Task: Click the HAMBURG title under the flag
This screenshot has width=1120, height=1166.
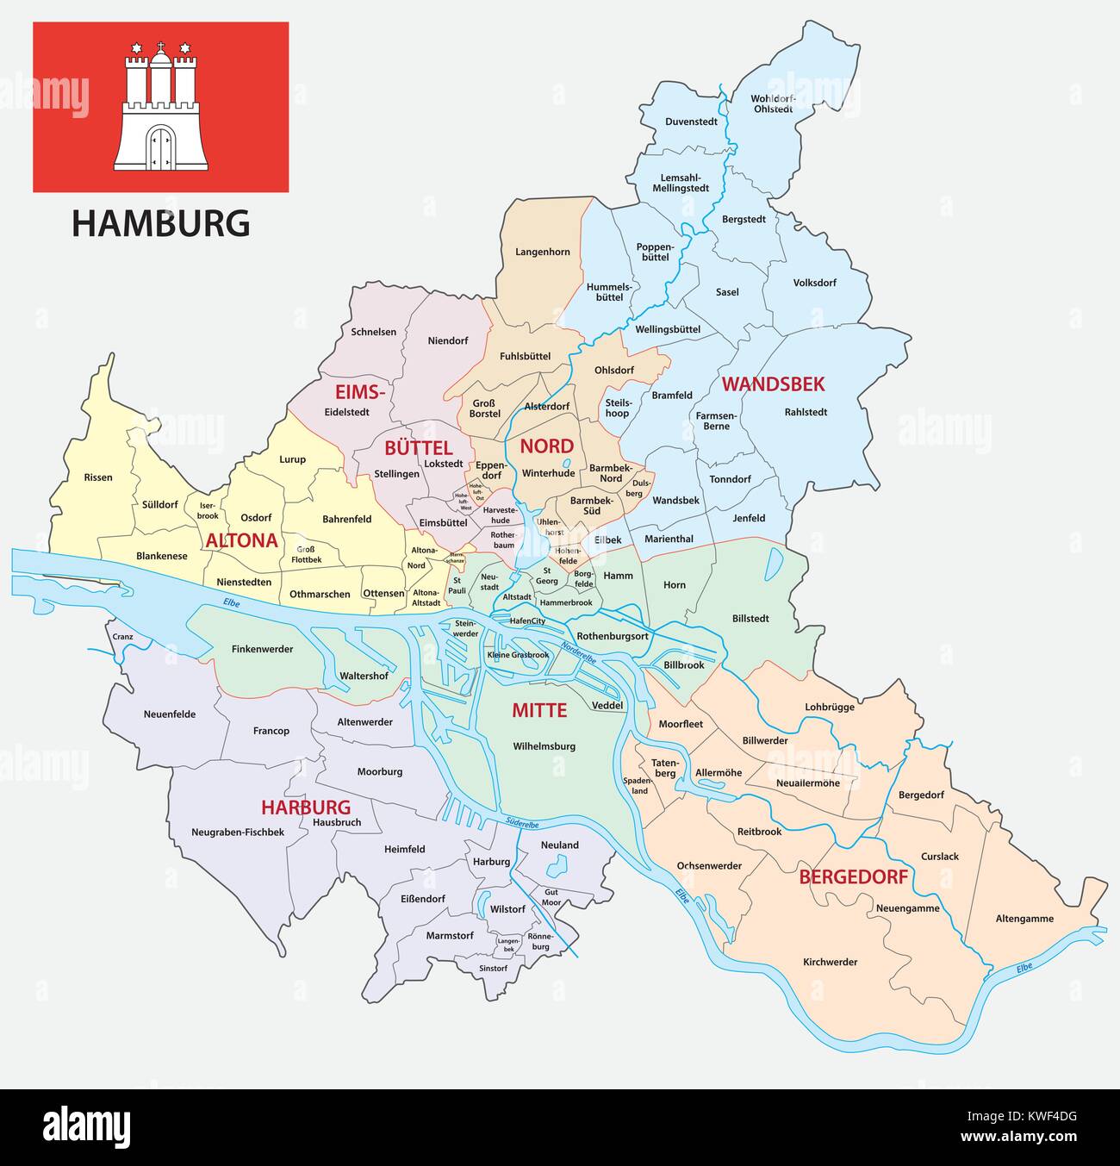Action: click(x=161, y=223)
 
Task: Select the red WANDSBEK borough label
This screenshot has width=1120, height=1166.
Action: click(x=773, y=384)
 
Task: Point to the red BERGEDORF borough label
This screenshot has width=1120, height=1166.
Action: click(x=853, y=877)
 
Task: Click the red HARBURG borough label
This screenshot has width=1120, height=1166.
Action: click(x=306, y=807)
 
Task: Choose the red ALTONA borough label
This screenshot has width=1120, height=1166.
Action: click(x=241, y=540)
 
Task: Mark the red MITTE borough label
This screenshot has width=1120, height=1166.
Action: click(x=539, y=710)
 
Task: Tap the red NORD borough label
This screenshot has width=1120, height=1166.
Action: click(x=546, y=446)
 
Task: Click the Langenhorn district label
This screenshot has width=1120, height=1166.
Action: click(x=543, y=253)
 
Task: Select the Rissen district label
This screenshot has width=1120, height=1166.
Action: click(x=98, y=477)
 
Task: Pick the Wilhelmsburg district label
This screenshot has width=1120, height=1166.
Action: click(x=544, y=746)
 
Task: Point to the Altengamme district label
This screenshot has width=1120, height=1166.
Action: click(x=1024, y=919)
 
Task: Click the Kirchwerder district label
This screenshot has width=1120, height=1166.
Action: click(x=830, y=962)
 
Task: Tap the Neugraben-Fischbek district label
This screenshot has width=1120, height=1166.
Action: click(x=238, y=832)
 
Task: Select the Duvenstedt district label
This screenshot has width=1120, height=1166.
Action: click(x=691, y=122)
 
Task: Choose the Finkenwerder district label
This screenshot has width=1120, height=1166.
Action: click(x=264, y=649)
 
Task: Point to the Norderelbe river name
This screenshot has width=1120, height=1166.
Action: click(x=578, y=652)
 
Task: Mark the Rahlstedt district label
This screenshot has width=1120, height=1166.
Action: click(x=806, y=412)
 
